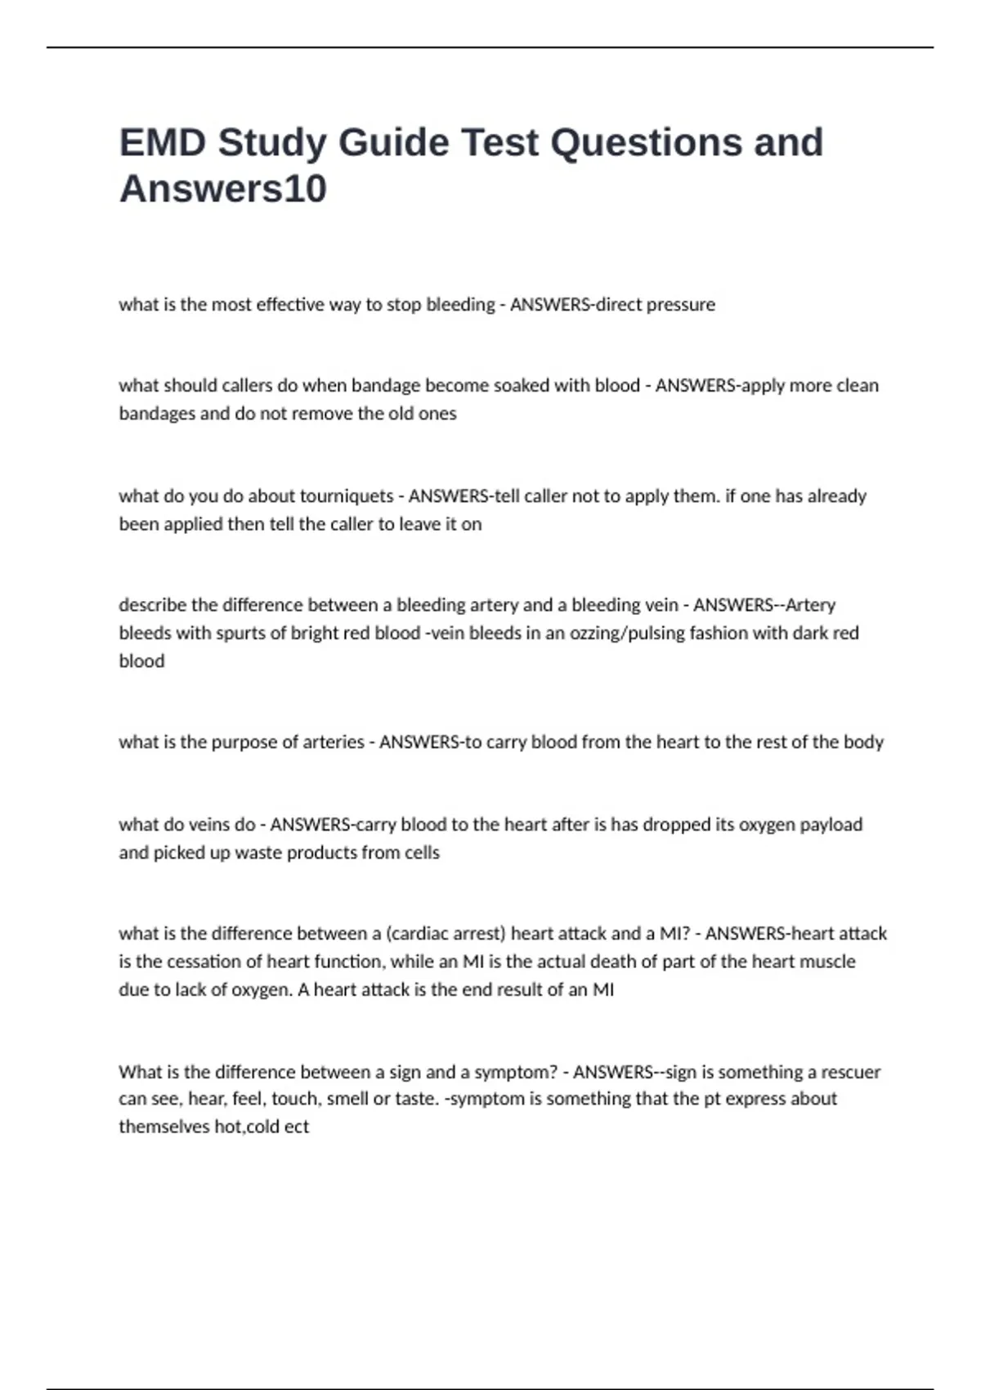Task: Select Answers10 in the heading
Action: pos(223,188)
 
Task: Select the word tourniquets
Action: pos(347,495)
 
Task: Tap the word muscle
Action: pos(826,962)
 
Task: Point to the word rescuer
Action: pos(850,1071)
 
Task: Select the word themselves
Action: pos(163,1126)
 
